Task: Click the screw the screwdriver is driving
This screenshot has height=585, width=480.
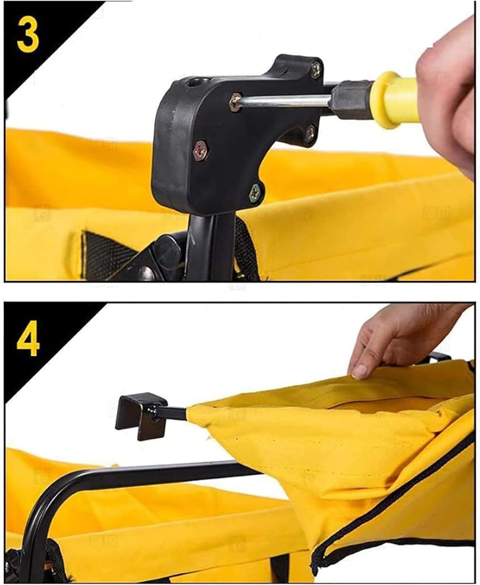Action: pos(235,102)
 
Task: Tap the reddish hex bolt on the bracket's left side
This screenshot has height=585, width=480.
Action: pos(201,150)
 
